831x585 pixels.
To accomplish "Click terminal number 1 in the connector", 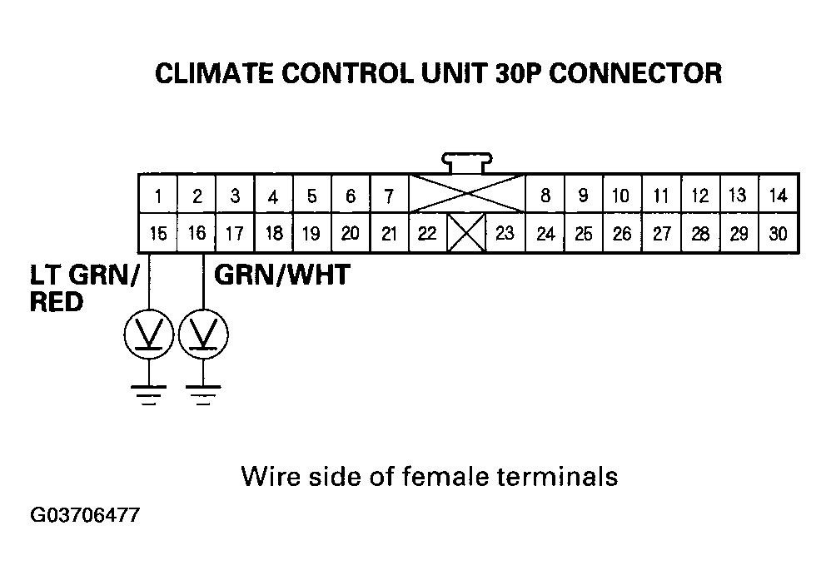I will (157, 196).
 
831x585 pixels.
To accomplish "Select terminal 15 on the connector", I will (157, 233).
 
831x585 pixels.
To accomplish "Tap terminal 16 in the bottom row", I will (197, 233).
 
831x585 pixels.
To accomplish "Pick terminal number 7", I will (389, 196).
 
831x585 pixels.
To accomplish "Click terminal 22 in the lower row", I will (427, 233).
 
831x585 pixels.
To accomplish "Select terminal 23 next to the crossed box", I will (505, 233).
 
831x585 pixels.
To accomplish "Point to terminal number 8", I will (545, 196).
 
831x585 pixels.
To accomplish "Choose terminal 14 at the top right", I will (778, 196).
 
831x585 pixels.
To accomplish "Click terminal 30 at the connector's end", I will (778, 233).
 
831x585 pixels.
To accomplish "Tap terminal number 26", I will (622, 233).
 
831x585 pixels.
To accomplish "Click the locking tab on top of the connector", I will (467, 161).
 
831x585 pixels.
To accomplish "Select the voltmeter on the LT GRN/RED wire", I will (147, 335).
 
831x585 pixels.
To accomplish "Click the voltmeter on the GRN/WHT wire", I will (204, 335).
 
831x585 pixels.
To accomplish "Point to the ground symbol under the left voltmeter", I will (148, 394).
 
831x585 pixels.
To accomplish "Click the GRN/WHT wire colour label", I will (281, 275).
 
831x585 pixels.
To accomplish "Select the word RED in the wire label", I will (57, 302).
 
